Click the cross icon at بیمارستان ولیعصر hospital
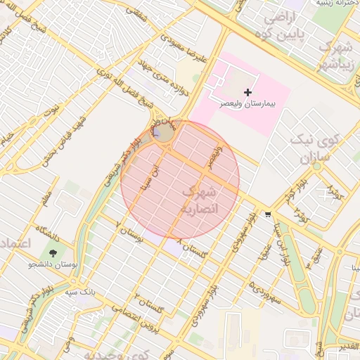coord(247,92)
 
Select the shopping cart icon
coord(268,214)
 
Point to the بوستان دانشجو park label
coord(51,264)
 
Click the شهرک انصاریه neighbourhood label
coord(200,200)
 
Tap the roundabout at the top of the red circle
coord(163,133)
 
